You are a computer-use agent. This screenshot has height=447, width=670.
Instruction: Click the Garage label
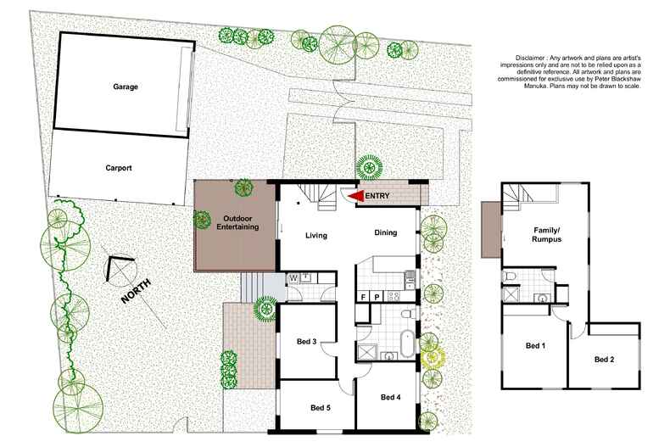point(125,87)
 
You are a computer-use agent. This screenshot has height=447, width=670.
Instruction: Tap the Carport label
point(119,168)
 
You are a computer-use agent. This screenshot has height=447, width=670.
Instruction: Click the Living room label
point(316,236)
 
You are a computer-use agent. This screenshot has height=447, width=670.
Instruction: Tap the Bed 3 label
point(307,342)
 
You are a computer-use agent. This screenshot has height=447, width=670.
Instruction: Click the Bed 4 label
point(390,398)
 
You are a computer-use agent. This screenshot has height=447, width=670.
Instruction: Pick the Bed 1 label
point(537,346)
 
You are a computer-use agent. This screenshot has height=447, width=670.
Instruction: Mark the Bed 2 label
point(603,360)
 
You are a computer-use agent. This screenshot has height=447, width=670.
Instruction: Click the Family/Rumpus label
point(548,235)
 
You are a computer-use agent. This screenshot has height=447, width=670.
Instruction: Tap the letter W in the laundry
point(293,277)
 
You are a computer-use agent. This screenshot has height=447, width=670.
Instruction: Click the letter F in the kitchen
point(364,298)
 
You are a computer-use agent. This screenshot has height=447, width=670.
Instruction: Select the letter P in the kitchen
point(376,298)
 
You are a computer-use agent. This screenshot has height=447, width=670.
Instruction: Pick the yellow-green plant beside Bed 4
point(433,355)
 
